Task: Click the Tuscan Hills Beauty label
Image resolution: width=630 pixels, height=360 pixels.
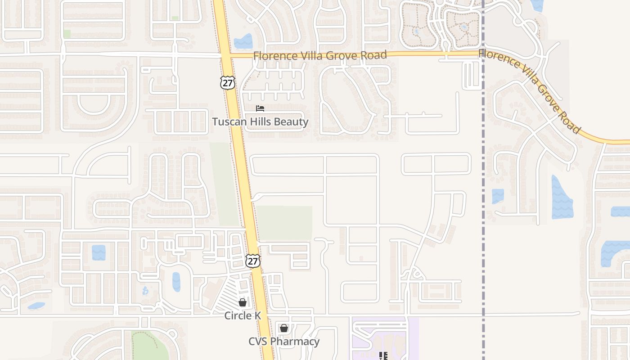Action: click(x=260, y=121)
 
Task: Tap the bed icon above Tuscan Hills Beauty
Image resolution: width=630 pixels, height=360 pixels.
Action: click(x=260, y=108)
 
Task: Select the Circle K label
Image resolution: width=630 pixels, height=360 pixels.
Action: click(x=243, y=315)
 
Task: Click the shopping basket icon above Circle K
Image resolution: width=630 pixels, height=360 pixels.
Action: click(x=243, y=302)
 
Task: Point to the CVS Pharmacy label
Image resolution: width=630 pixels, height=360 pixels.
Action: click(x=284, y=342)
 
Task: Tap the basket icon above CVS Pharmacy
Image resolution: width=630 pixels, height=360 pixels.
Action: click(x=283, y=328)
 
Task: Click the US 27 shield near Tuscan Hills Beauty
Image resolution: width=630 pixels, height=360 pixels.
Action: click(x=228, y=82)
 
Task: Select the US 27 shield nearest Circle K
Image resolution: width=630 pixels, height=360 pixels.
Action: click(x=253, y=261)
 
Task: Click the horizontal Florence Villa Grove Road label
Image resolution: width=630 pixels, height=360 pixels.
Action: click(x=319, y=55)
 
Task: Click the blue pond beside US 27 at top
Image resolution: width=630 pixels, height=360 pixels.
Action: click(x=243, y=42)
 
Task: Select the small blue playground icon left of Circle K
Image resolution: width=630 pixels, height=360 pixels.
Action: click(x=145, y=291)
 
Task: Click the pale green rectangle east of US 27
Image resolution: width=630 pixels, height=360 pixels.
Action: click(x=284, y=223)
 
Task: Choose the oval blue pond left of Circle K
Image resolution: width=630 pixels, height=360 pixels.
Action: click(x=176, y=282)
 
